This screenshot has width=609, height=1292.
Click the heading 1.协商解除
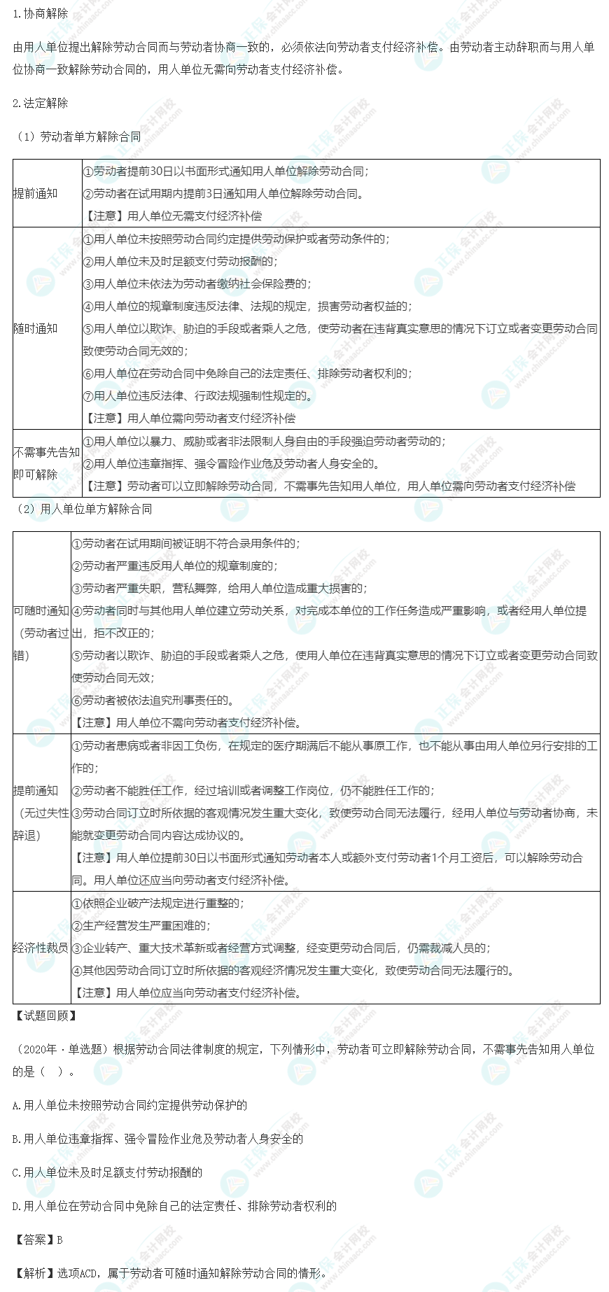(x=41, y=13)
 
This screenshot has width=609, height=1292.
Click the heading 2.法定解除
(x=41, y=103)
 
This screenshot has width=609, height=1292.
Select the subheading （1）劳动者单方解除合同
(x=77, y=136)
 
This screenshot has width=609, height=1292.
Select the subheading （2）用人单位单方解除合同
(x=83, y=509)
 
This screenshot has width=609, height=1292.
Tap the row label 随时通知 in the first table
(x=36, y=328)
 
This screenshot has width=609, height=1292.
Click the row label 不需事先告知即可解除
(x=46, y=463)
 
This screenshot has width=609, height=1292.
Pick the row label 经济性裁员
(x=41, y=948)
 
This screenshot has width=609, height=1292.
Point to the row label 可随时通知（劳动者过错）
(x=41, y=633)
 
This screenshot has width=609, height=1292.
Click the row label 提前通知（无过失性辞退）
(x=41, y=813)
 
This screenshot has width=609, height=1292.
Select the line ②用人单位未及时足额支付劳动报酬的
(x=180, y=261)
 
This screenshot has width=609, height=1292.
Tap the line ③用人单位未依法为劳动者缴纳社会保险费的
(x=197, y=283)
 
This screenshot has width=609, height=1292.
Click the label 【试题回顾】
(x=45, y=1016)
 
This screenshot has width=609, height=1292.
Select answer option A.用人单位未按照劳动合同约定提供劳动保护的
(x=130, y=1105)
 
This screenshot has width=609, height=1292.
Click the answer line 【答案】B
(x=38, y=1240)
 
